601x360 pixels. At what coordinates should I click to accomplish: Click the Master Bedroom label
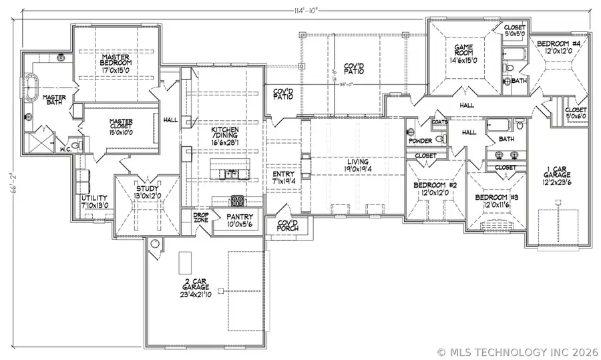[115, 63]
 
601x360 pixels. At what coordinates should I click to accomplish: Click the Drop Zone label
[201, 219]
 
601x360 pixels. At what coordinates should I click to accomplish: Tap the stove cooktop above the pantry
[237, 200]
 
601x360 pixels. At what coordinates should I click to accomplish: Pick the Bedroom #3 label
[494, 201]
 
